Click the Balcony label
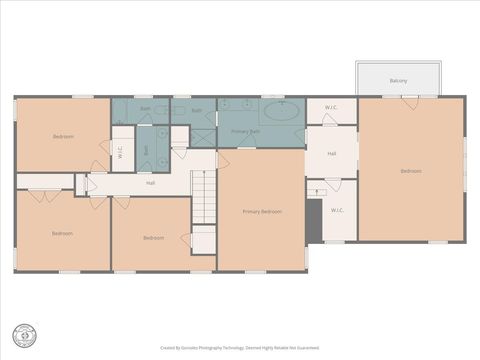tap(398, 80)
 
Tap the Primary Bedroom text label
tap(262, 212)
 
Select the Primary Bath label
tap(246, 131)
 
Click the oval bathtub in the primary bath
tap(282, 110)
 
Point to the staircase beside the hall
tap(204, 197)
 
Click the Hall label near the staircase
tap(150, 183)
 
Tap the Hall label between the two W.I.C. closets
tap(331, 154)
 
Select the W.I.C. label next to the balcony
tap(331, 107)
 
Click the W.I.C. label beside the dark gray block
tap(337, 210)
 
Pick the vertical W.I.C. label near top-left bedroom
tap(121, 153)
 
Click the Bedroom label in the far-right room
tap(411, 171)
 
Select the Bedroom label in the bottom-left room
tap(62, 233)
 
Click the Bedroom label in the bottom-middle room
tap(153, 237)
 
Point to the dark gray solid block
tap(313, 221)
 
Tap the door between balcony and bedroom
tap(410, 98)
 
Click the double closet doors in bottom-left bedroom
tap(44, 195)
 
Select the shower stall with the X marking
tap(203, 138)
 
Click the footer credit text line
tap(240, 348)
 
